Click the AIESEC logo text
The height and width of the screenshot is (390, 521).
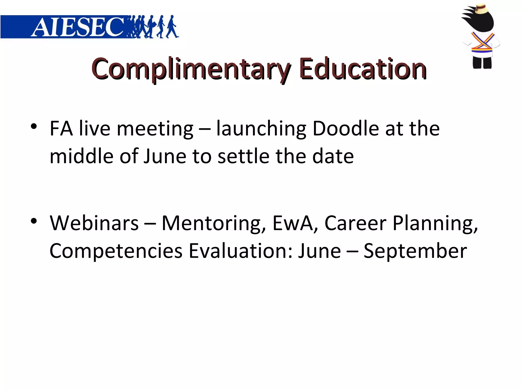[78, 27]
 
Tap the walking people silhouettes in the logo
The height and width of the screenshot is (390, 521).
[153, 27]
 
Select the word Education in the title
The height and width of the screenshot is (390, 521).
[363, 69]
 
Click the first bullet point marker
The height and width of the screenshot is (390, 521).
[34, 126]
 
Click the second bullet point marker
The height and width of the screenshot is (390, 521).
[34, 221]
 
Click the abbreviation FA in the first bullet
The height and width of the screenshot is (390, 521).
[61, 128]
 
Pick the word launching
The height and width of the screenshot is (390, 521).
[261, 129]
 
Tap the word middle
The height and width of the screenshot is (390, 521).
[81, 156]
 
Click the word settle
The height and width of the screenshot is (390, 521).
[243, 156]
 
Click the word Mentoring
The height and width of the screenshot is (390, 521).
[214, 223]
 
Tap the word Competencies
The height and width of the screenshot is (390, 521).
[116, 251]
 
